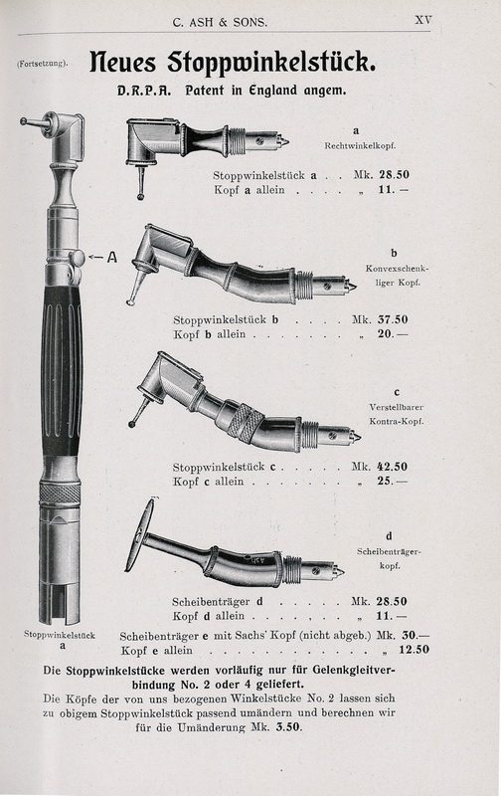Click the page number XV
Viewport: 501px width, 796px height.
pos(423,20)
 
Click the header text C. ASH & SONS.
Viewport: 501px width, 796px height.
pos(220,22)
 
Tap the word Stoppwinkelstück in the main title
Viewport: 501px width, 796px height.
pos(271,63)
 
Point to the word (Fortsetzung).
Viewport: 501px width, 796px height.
pos(42,64)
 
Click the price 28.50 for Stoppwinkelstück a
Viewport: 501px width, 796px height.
pos(394,175)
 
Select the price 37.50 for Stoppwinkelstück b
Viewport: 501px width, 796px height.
pos(393,319)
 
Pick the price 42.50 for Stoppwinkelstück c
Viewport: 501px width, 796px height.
pos(392,467)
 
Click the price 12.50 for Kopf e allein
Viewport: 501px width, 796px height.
pos(414,650)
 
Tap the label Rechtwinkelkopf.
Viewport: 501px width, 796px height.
pos(360,145)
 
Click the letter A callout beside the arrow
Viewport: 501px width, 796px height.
pos(111,258)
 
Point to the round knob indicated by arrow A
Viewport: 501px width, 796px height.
pos(78,258)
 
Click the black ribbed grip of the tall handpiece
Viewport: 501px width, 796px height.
pos(62,370)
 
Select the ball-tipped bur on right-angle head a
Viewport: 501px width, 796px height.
pos(140,183)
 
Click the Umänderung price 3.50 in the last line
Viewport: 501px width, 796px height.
pos(289,727)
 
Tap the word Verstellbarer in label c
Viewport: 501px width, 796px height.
pos(396,407)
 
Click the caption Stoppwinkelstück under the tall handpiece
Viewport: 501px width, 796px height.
pos(60,635)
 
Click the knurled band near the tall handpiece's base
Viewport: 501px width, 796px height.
pos(60,493)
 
